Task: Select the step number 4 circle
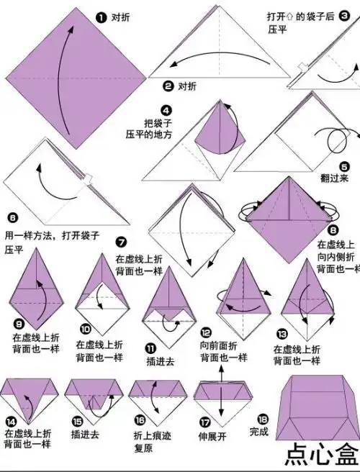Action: tap(166, 111)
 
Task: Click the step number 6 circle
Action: tap(12, 217)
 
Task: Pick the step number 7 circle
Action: tap(121, 242)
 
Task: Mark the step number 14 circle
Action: tap(11, 422)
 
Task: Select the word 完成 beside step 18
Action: tap(258, 432)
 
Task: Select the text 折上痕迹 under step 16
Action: tap(146, 435)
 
